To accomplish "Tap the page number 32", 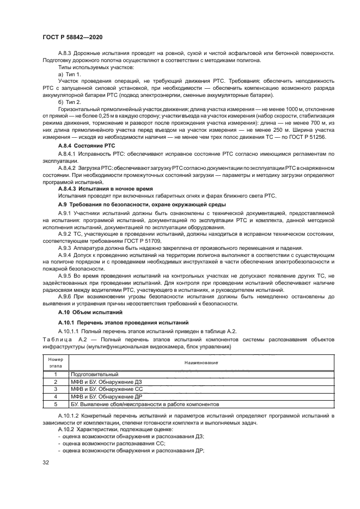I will pyautogui.click(x=46, y=463).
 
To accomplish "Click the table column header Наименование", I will pyautogui.click(x=202, y=363).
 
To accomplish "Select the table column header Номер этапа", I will pyautogui.click(x=56, y=363).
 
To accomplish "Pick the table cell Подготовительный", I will pyautogui.click(x=94, y=375).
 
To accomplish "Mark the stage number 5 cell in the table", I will pyautogui.click(x=56, y=405).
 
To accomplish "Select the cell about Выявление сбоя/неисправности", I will pyautogui.click(x=144, y=405).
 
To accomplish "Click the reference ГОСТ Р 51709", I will pyautogui.click(x=145, y=240).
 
